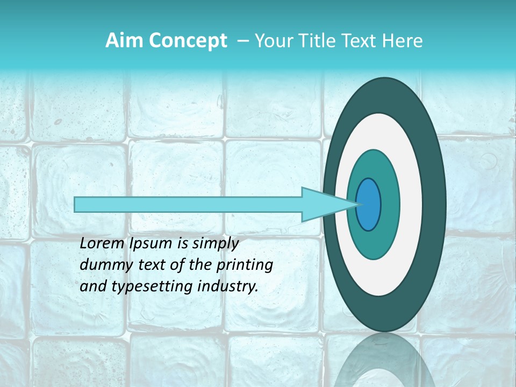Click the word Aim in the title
pyautogui.click(x=125, y=41)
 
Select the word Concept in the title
pyautogui.click(x=188, y=41)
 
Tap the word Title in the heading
pyautogui.click(x=314, y=41)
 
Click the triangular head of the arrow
pyautogui.click(x=322, y=205)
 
